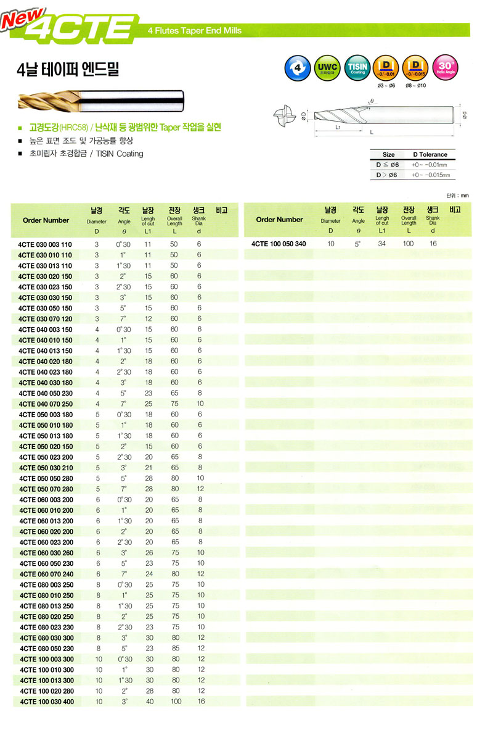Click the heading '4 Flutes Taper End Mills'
(x=195, y=30)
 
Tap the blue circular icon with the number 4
(x=298, y=68)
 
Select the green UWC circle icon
(x=327, y=68)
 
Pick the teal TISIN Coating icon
(x=357, y=68)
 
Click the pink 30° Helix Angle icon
(x=444, y=68)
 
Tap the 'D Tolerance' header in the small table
(x=430, y=154)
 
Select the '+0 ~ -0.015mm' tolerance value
(x=431, y=175)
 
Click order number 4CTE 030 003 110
(x=45, y=244)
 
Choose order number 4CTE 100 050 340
(x=279, y=244)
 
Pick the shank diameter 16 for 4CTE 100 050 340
(x=433, y=244)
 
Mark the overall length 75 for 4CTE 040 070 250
(x=174, y=404)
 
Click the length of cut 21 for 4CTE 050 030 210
(x=148, y=467)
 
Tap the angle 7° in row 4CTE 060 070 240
(x=123, y=573)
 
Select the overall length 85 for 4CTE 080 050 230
(x=174, y=649)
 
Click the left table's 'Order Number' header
(x=46, y=220)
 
